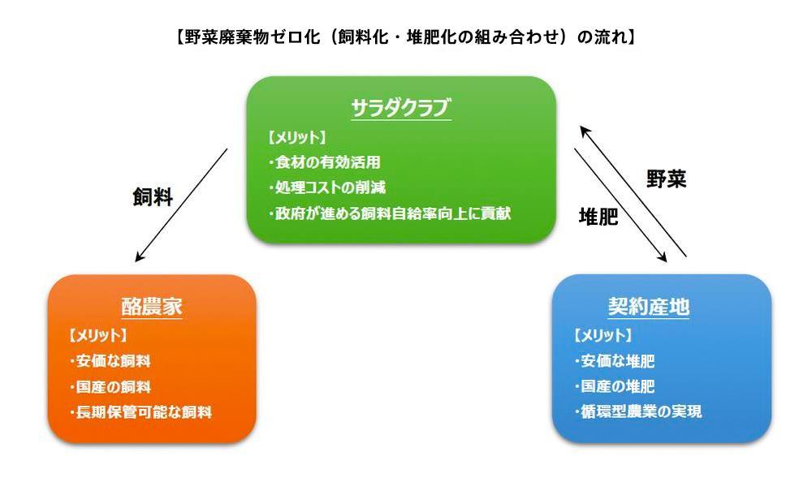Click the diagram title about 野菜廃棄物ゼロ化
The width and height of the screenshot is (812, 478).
click(405, 37)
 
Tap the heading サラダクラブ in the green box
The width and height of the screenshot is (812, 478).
click(401, 108)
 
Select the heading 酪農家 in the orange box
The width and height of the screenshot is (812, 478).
click(152, 306)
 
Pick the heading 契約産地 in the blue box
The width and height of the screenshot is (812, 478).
click(648, 306)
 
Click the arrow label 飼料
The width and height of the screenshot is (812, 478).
click(153, 197)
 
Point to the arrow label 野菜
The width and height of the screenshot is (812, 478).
click(667, 179)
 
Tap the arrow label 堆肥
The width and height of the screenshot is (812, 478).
click(598, 216)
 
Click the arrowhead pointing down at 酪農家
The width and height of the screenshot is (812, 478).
click(139, 256)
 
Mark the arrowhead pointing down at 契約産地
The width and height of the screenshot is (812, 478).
click(663, 257)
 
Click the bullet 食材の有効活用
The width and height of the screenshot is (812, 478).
click(325, 162)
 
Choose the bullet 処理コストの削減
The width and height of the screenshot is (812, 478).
click(327, 187)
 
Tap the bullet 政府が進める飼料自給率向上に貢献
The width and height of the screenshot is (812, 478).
click(390, 213)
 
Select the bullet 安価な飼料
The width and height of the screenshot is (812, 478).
click(110, 361)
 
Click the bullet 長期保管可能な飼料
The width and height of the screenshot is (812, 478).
click(140, 412)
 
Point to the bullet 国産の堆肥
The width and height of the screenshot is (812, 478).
click(615, 386)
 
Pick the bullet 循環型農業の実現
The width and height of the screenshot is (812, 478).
click(638, 411)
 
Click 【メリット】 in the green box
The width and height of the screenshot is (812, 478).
click(297, 138)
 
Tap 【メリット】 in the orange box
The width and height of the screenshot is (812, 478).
click(98, 336)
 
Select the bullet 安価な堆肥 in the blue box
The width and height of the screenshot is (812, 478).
click(615, 361)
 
